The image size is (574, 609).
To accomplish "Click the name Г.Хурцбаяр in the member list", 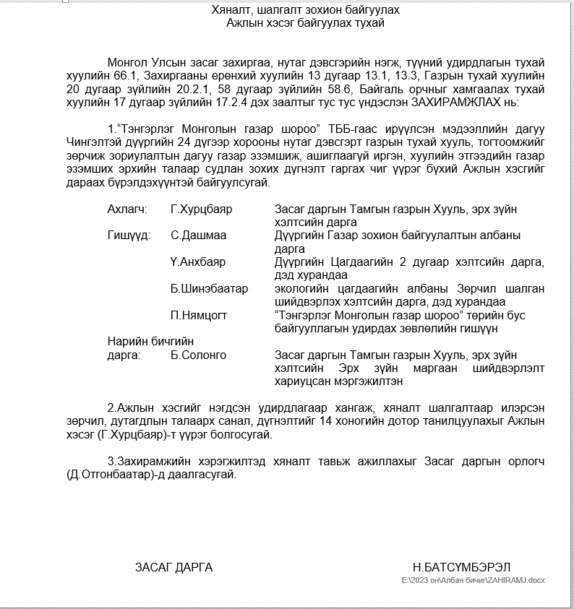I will pos(201,210).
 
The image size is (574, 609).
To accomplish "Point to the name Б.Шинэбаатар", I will pos(210,289).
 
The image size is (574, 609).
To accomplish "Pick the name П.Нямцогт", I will pos(200,316).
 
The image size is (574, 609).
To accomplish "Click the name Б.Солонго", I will pos(199,355).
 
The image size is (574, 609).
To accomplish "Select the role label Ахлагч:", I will pos(127,210).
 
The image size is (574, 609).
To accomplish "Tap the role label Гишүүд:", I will pos(129,236).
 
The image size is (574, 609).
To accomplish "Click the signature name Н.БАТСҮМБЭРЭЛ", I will pos(461,567).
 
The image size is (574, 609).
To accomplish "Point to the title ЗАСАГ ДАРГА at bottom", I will pos(174,567).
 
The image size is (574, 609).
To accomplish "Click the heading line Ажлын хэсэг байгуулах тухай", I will pos(305,23).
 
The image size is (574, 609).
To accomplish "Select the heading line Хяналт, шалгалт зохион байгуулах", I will pos(305,10).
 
